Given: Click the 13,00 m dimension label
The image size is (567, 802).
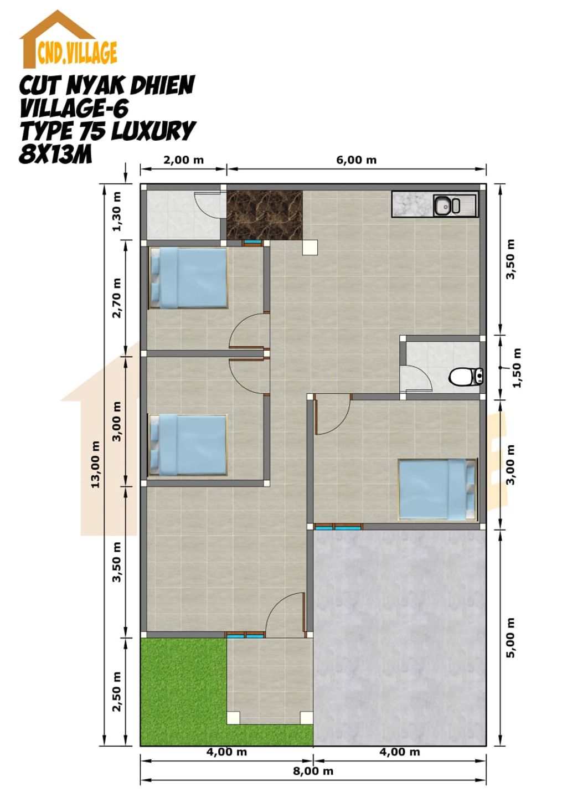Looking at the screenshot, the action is (x=96, y=464).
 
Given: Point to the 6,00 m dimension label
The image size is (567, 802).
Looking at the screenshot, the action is (x=356, y=160).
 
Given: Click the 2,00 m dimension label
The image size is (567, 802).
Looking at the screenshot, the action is (x=183, y=160).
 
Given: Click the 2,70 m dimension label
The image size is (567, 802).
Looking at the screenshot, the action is (x=117, y=298).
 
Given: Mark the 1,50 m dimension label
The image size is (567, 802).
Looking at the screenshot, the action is (x=517, y=368).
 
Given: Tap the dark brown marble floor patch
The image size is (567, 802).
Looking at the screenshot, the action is (x=265, y=215).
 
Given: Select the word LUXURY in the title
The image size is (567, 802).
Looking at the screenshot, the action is (x=153, y=131).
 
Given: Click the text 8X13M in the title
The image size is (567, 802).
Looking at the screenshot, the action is (x=56, y=155).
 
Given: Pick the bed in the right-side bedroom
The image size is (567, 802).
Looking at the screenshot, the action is (x=438, y=489).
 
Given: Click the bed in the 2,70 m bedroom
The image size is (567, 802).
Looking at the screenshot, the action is (x=188, y=278).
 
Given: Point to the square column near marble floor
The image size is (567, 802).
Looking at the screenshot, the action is (x=310, y=248).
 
